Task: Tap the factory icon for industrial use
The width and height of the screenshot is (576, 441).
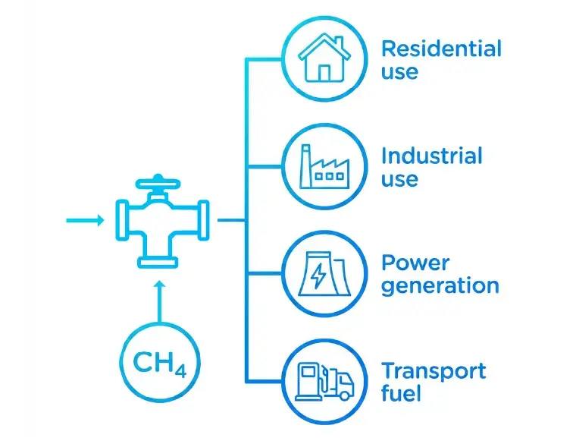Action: [x=324, y=167]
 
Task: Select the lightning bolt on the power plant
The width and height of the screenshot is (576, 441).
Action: [x=318, y=276]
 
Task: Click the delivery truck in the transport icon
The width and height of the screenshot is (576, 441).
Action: [x=339, y=383]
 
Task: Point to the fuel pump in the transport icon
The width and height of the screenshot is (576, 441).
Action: [x=310, y=381]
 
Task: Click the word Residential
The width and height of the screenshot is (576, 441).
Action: [x=441, y=49]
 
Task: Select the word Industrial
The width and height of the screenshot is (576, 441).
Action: [x=432, y=156]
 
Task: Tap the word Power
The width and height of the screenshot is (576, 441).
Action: [x=415, y=263]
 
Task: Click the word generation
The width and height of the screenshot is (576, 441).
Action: [x=440, y=286]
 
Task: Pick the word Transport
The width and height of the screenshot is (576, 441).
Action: [x=434, y=370]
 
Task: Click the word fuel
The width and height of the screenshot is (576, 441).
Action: [x=401, y=393]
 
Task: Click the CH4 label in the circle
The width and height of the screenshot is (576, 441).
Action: [x=159, y=364]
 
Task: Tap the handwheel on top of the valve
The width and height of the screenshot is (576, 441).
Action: [x=158, y=183]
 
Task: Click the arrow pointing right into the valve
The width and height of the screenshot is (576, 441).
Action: [x=85, y=221]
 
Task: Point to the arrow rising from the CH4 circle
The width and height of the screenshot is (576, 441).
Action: [x=159, y=301]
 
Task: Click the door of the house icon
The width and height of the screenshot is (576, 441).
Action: [x=324, y=73]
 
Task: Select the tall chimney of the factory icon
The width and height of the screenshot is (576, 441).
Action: [x=305, y=166]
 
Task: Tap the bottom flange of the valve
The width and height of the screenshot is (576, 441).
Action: [x=158, y=262]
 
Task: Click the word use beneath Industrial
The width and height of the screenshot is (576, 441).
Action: [x=399, y=180]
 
